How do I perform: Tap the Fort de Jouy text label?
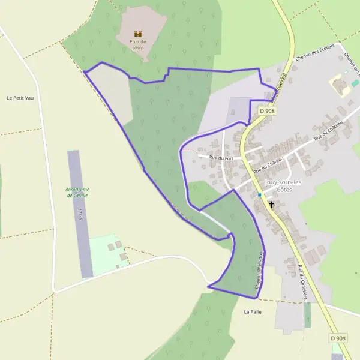139,44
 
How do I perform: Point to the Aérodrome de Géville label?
77,192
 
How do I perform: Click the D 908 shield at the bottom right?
338,338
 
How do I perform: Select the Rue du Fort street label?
220,157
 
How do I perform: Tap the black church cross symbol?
271,205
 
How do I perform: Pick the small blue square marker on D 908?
259,195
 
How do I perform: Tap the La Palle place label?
253,312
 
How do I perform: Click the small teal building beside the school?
355,83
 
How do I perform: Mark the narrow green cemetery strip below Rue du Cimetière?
308,315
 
